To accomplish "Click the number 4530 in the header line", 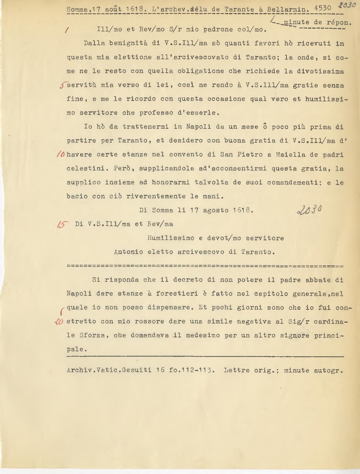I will (323, 8).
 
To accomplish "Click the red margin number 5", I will (63, 85).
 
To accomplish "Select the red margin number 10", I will (60, 154).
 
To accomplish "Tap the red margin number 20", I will (59, 321).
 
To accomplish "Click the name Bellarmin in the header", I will (288, 9).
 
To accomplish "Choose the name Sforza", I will (92, 335).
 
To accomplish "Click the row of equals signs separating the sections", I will (205, 266).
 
